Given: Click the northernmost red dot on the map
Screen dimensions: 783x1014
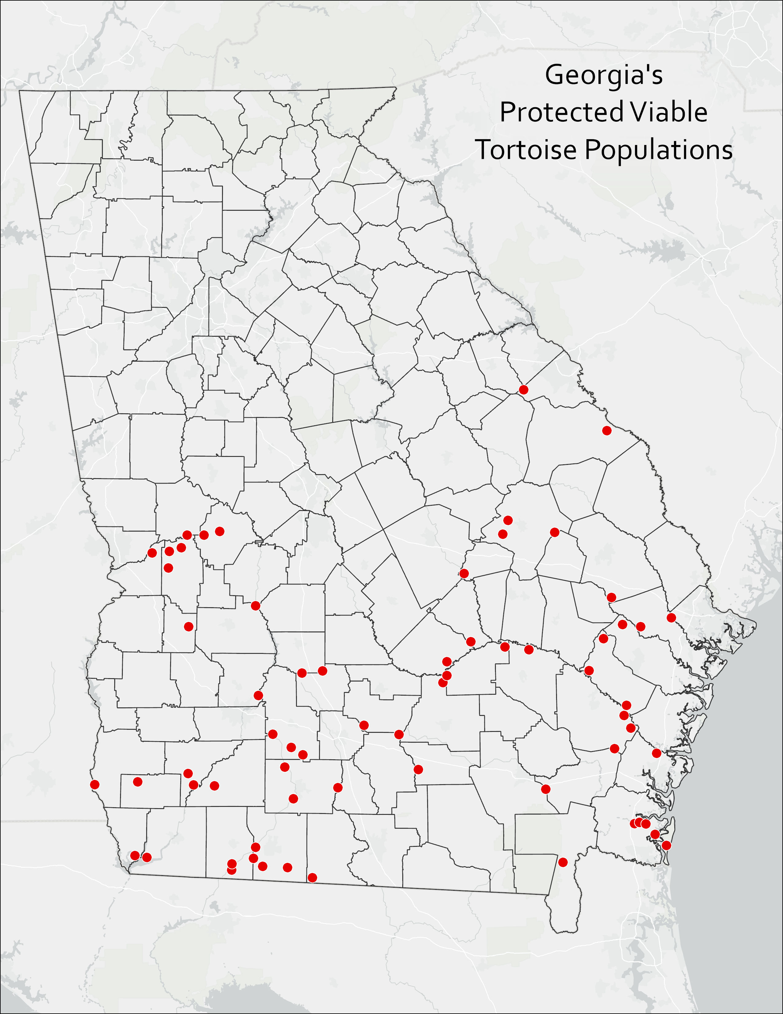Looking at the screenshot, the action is point(523,390).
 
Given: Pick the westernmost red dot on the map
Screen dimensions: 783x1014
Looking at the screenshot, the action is point(95,785).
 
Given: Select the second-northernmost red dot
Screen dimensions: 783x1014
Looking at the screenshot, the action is point(606,430).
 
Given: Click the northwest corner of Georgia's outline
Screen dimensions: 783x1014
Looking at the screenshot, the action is point(19,91).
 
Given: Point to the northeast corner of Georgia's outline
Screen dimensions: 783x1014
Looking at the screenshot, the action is point(396,87).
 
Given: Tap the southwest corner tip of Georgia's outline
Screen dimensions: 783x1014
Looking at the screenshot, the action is point(129,873).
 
